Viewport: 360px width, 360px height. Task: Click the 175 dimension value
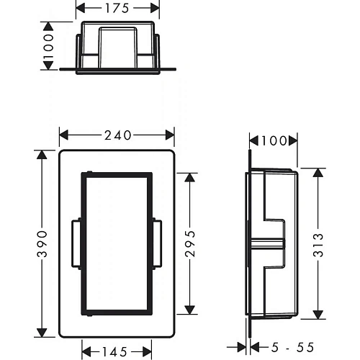pos(117,8)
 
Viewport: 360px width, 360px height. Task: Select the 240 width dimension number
pos(118,135)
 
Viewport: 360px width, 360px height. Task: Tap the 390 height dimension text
pos(42,244)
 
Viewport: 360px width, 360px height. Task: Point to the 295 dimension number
pos(190,244)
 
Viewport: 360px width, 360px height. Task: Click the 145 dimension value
pos(114,352)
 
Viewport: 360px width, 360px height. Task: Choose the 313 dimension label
pos(318,245)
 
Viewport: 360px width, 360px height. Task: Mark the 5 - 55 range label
pos(292,347)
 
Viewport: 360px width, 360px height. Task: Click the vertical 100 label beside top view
pos(48,46)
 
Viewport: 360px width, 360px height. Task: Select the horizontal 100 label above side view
pos(274,140)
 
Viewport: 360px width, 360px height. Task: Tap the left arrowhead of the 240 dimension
pos(64,135)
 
